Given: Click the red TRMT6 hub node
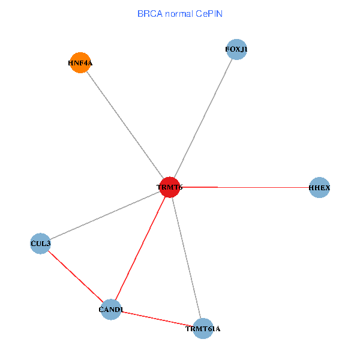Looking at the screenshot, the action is coord(169,187).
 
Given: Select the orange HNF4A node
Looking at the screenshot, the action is coord(80,62).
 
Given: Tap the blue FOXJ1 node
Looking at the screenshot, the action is coord(236,49).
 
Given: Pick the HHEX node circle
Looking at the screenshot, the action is coord(319,187).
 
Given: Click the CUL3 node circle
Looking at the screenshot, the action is coord(40,244).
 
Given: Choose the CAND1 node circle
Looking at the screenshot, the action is coord(111,310).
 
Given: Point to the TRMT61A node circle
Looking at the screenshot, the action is coord(203,329).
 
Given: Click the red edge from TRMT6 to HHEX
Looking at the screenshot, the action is coord(245,187).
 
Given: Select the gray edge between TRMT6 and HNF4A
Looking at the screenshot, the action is coord(125,125).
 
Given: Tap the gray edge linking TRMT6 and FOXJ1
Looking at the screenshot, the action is coord(203,118).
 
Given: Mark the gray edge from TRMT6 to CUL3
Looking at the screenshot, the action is coord(105,215).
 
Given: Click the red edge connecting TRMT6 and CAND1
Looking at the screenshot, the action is coord(140,248).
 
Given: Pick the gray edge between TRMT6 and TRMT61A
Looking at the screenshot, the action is coord(186,258).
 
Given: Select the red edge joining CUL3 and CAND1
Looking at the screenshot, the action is coord(76,277).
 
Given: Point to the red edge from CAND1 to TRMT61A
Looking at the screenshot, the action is coord(157,319).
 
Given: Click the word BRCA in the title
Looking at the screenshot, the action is coord(150,14).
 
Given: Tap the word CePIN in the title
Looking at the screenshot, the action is coord(209,14).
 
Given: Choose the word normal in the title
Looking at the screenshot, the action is coord(179,14).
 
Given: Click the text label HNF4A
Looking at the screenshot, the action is coord(80,63).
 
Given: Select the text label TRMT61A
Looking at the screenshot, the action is coord(203,329).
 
